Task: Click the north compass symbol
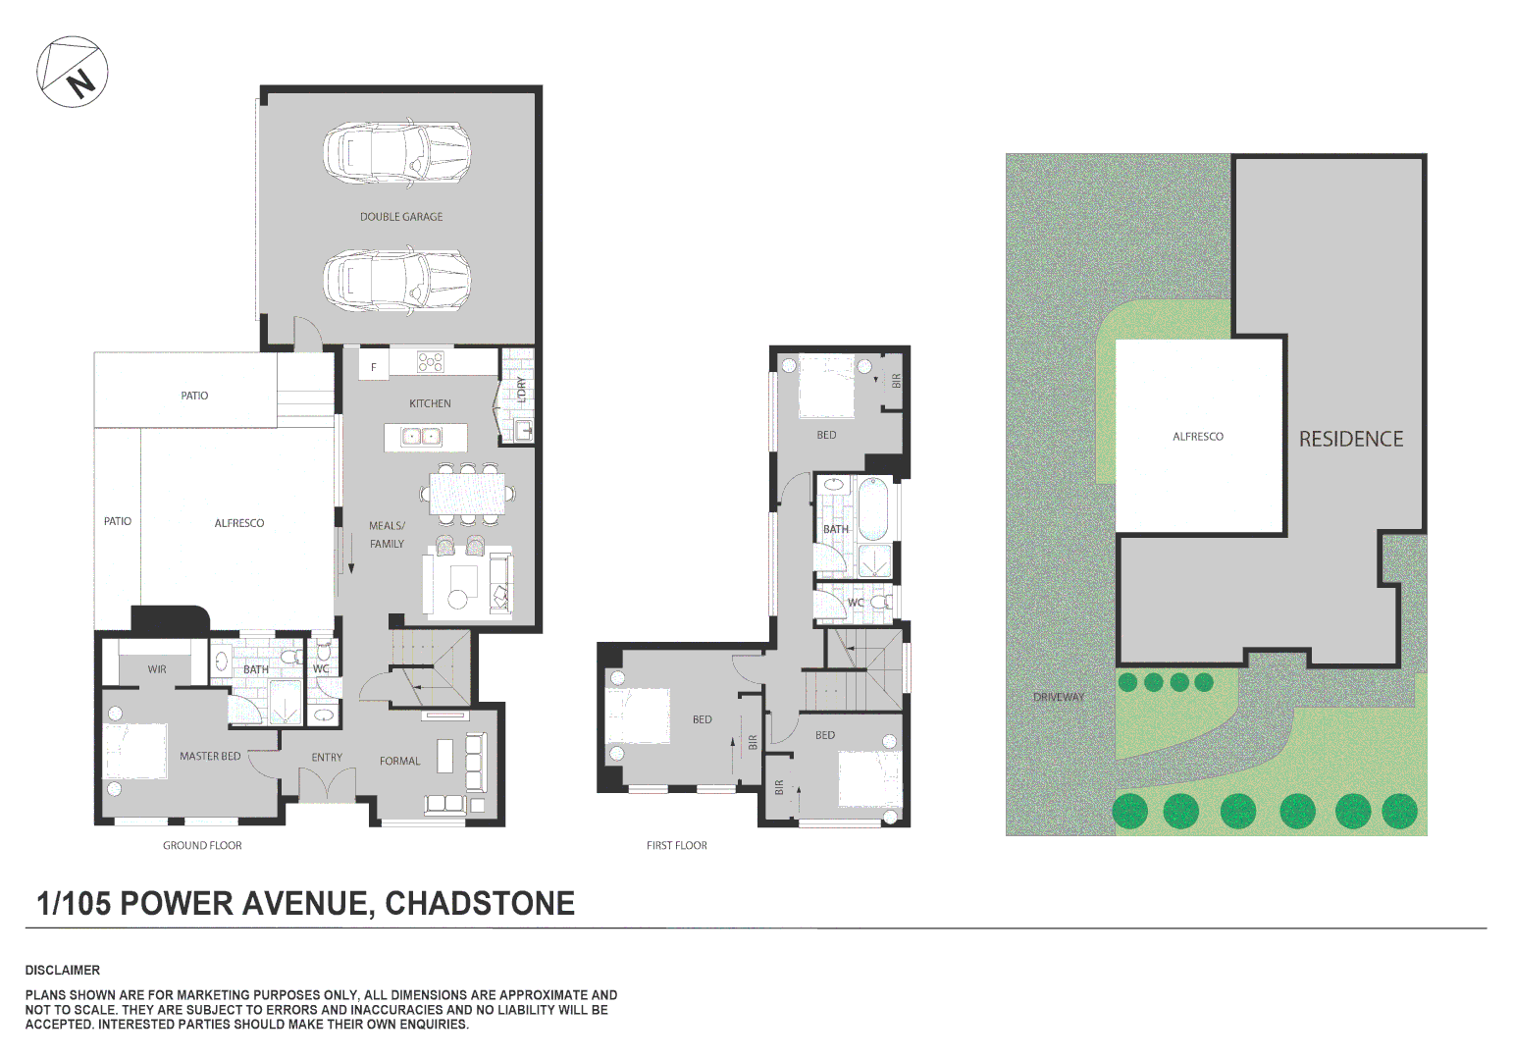coord(73,73)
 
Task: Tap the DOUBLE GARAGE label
coord(400,217)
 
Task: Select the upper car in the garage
coord(396,154)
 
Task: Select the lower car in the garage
coord(396,278)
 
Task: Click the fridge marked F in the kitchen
coord(373,367)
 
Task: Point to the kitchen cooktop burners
coord(431,362)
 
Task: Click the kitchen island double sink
coord(422,436)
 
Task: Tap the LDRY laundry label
coord(521,390)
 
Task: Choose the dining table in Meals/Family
coord(468,493)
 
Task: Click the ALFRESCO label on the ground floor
coord(239,523)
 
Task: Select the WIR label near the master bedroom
coord(157,669)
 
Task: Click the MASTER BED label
coord(210,756)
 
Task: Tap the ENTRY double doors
coord(327,785)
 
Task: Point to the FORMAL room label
coord(399,761)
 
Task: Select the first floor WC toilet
coord(882,602)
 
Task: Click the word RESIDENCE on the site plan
coord(1350,439)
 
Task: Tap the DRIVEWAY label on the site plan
coord(1059,697)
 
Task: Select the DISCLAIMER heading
coord(63,970)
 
